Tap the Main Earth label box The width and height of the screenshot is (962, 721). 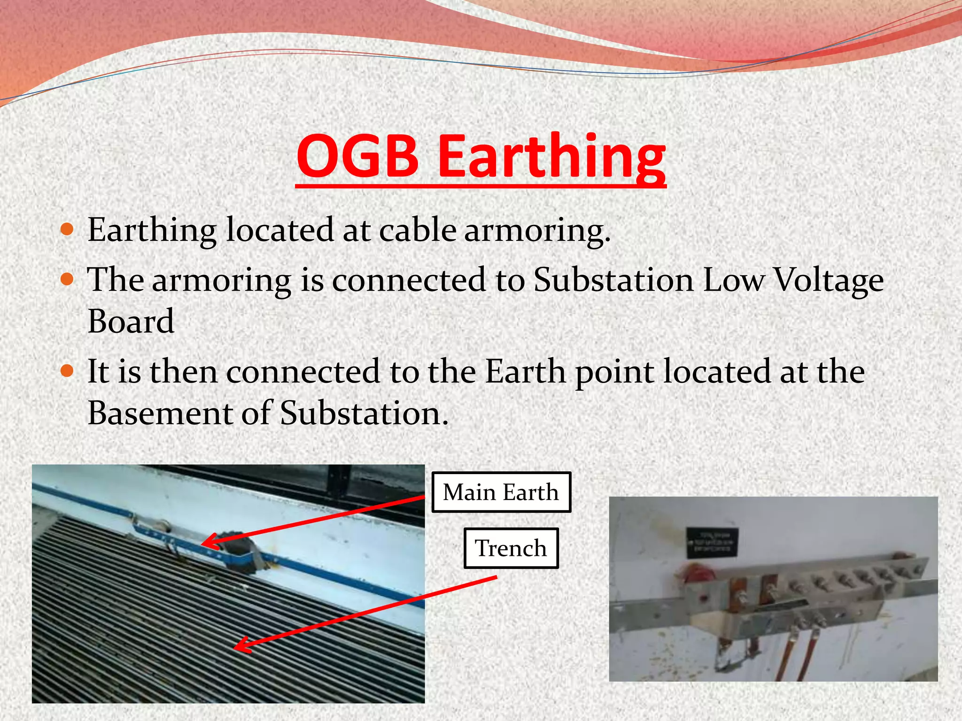point(501,492)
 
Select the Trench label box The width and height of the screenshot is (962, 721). point(511,548)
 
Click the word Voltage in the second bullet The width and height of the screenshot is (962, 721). point(828,280)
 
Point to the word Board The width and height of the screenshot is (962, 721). point(131,322)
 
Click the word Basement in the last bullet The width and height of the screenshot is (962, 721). point(159,413)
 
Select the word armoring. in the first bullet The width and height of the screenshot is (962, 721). point(537,230)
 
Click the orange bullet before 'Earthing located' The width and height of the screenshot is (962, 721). point(68,230)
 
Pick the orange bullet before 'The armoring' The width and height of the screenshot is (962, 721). point(68,280)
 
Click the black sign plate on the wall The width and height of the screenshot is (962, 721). point(712,542)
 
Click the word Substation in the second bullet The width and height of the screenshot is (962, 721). point(613,280)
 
